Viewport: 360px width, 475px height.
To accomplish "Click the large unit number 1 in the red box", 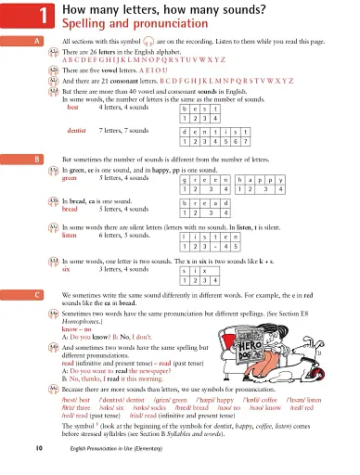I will [18, 14].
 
